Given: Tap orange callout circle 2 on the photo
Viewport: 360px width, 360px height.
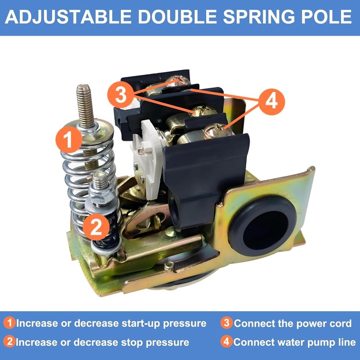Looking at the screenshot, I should [95, 227].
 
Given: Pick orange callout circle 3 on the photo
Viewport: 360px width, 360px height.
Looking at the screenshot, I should [121, 95].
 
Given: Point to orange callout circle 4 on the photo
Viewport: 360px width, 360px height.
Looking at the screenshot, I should [272, 102].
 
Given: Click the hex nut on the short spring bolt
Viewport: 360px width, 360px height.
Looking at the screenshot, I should [102, 197].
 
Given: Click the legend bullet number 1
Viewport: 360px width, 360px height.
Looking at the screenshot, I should [10, 323].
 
